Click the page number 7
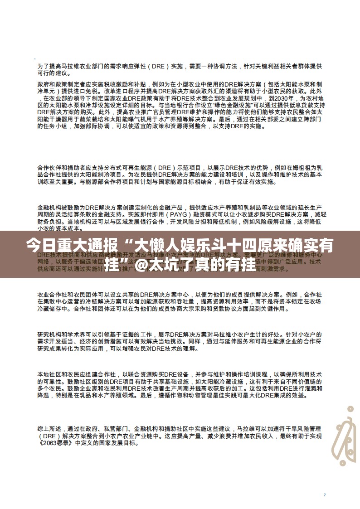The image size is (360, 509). tap(325, 495)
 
